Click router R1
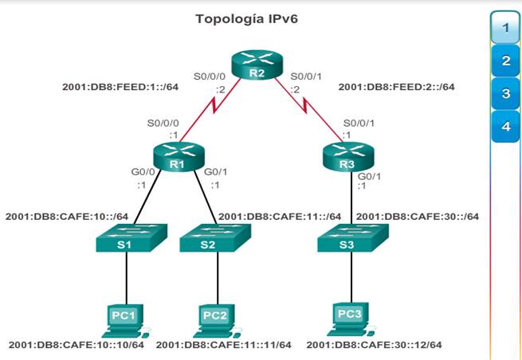click(x=175, y=155)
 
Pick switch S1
click(x=126, y=238)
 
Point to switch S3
click(x=350, y=238)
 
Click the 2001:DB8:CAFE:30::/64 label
click(x=417, y=216)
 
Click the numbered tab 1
click(x=505, y=29)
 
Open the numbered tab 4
click(x=505, y=126)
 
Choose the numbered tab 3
click(x=505, y=94)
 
